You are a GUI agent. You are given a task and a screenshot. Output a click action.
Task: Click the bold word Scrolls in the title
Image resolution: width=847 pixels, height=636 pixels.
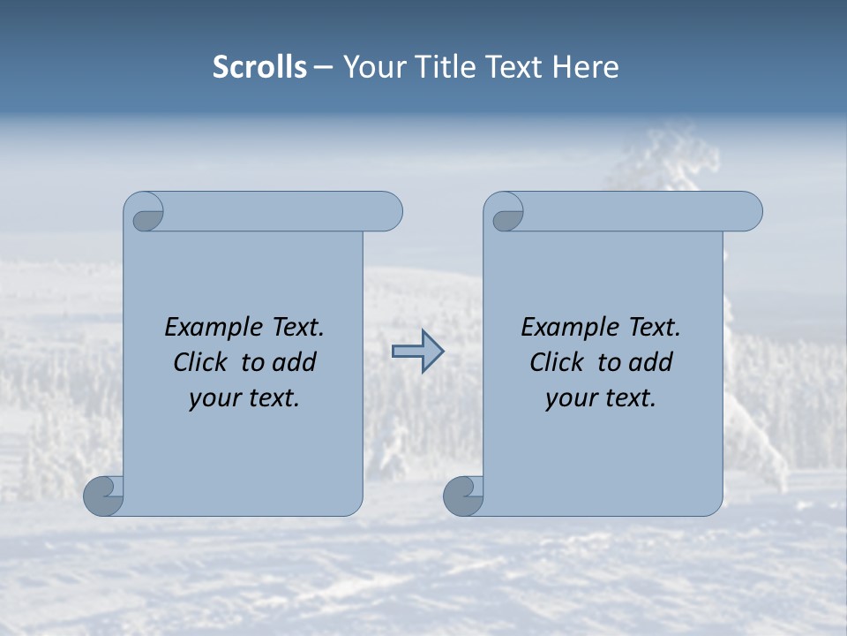coord(259,67)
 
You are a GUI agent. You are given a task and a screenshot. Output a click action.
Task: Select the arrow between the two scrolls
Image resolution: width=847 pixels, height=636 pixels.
coord(417,352)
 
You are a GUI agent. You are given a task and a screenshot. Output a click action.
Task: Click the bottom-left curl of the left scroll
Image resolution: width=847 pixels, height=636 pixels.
coord(104,496)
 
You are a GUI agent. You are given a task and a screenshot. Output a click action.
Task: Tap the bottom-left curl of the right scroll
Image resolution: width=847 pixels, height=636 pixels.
coord(464,496)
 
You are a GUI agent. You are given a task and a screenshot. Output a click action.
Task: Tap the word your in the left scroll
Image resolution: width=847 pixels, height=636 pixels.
coord(214,398)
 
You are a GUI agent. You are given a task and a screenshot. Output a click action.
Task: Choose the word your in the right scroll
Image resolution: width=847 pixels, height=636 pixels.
coord(570,398)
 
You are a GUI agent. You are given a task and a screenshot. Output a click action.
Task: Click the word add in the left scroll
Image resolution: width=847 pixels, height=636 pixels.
coord(294,362)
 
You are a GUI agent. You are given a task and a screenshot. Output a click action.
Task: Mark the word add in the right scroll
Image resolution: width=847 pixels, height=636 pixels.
coord(650,362)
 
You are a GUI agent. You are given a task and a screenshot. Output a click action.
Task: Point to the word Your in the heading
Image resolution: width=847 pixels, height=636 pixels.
coord(368,67)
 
